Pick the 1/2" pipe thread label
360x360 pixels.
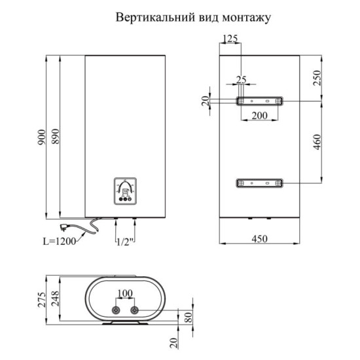125,242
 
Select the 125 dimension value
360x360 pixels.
230,39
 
